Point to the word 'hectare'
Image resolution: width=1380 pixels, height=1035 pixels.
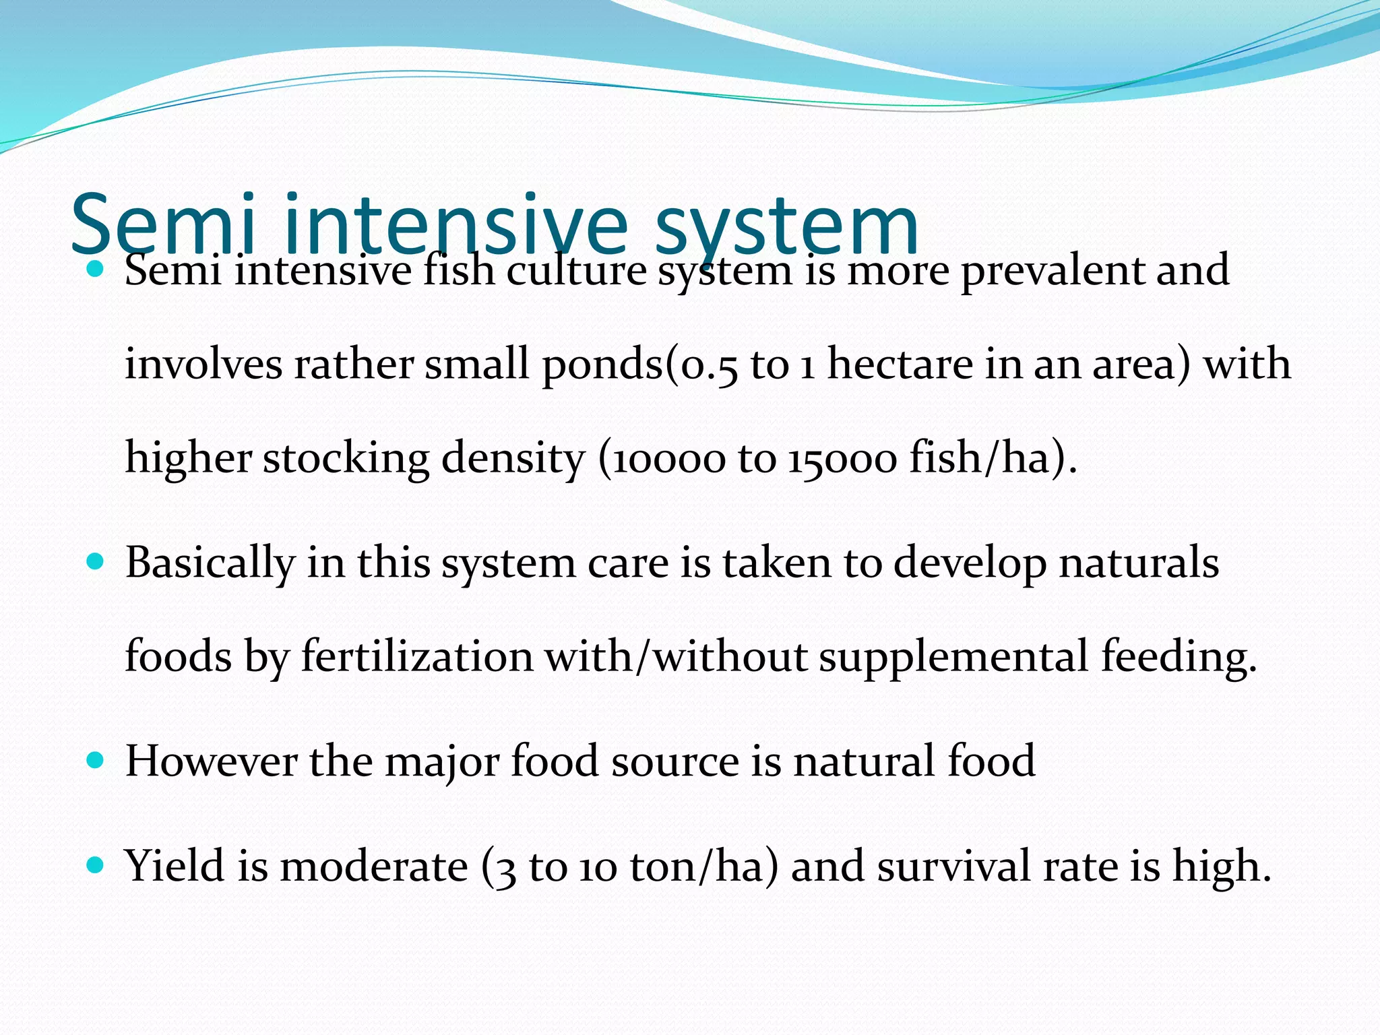[900, 365]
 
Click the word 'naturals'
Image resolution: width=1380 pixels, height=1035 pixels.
[1139, 562]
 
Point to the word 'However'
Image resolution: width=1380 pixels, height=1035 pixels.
[211, 761]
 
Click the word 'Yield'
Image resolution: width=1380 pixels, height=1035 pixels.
[175, 866]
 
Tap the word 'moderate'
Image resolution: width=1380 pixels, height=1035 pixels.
[374, 867]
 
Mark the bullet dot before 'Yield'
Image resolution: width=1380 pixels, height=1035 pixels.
[95, 865]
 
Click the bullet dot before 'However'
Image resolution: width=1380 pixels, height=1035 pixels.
[95, 760]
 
